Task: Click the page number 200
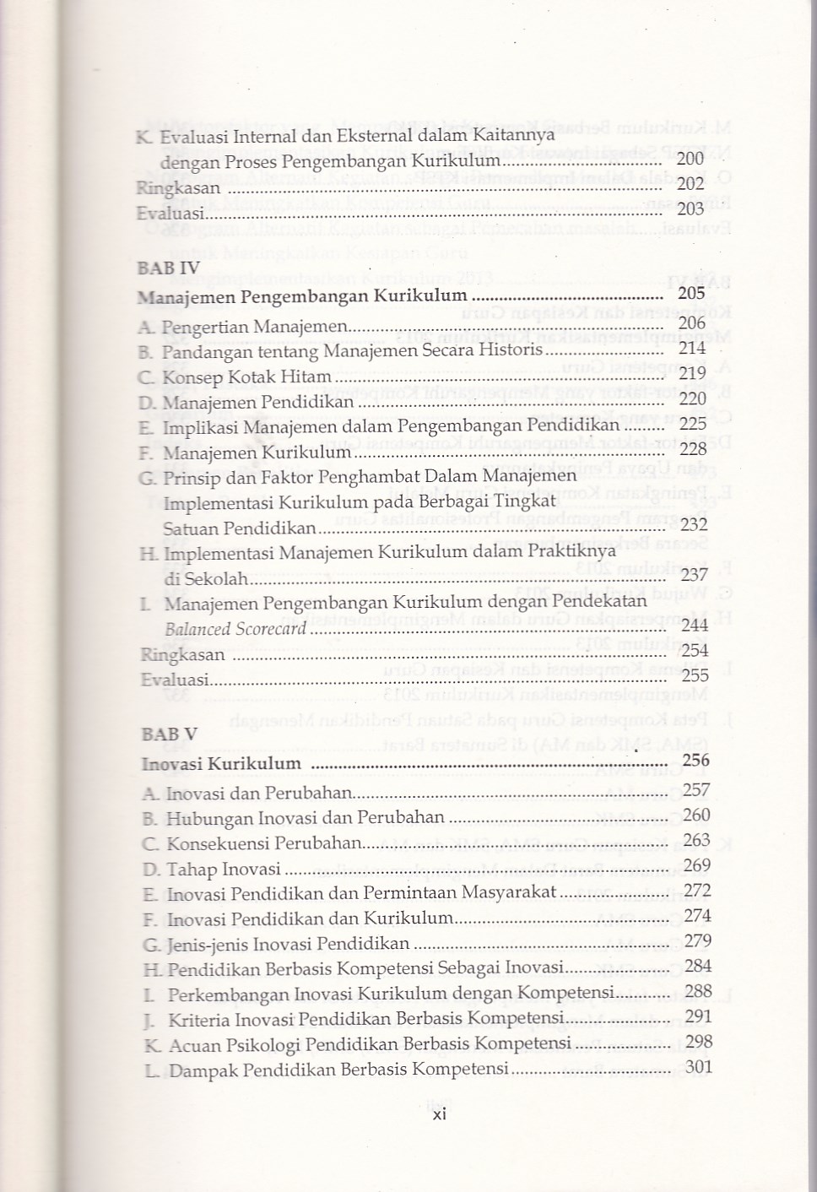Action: [690, 159]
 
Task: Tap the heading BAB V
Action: [170, 734]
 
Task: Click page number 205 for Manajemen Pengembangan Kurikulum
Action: [691, 294]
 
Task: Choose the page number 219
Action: [692, 372]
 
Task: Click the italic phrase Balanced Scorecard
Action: [235, 629]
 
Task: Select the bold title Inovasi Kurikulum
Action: [222, 764]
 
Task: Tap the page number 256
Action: [695, 761]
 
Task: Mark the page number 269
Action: [697, 865]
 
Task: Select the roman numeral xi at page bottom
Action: [439, 1114]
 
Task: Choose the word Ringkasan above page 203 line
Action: [178, 187]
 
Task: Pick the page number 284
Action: [698, 966]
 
